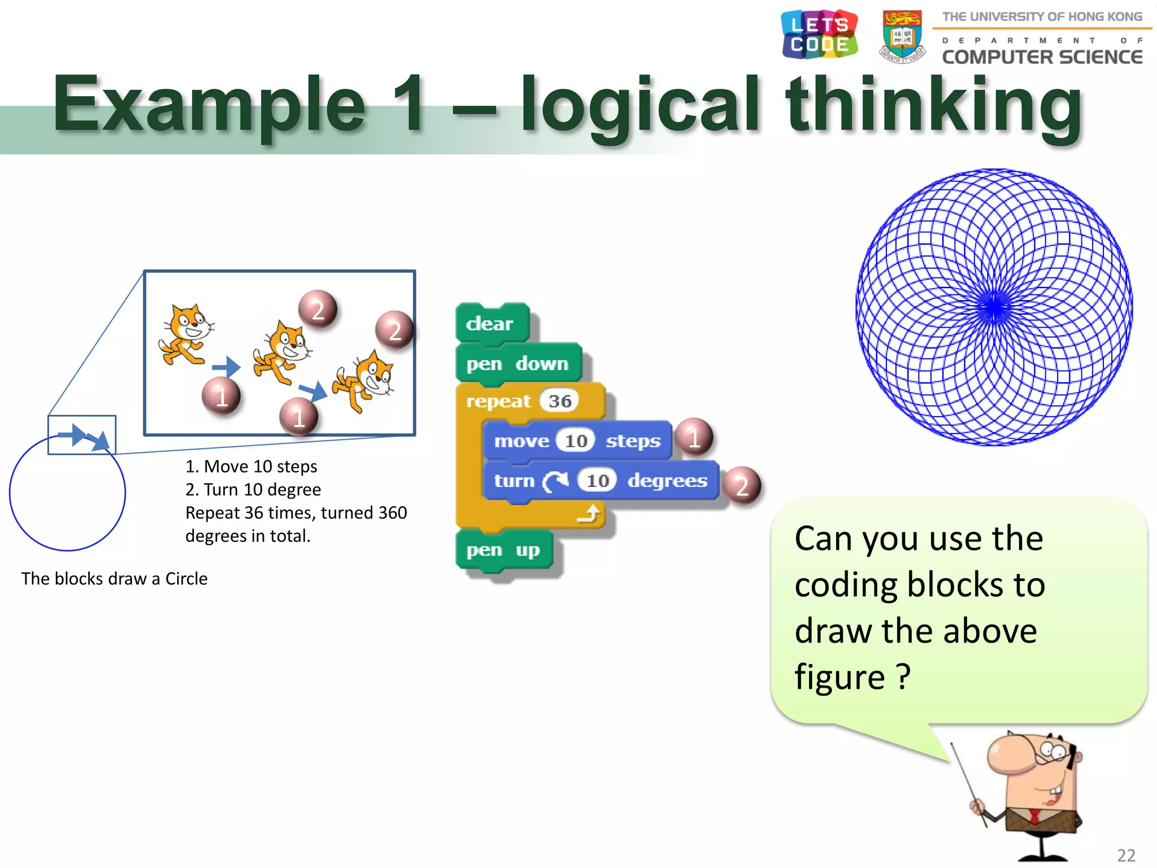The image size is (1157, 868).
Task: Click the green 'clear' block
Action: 490,323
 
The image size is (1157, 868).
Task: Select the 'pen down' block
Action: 517,363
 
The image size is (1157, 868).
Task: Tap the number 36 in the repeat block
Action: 559,401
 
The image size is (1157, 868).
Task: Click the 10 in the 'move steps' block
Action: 576,441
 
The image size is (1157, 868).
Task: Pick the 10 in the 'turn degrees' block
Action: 597,481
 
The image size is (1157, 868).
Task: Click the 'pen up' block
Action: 503,550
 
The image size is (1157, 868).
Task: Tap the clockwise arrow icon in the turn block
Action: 555,481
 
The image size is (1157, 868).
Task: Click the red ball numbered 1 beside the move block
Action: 694,438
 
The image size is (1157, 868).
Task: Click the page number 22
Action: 1126,855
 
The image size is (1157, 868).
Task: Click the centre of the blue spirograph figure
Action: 994,307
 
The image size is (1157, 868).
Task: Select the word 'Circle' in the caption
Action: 186,579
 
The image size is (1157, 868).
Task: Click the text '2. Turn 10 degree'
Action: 253,489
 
